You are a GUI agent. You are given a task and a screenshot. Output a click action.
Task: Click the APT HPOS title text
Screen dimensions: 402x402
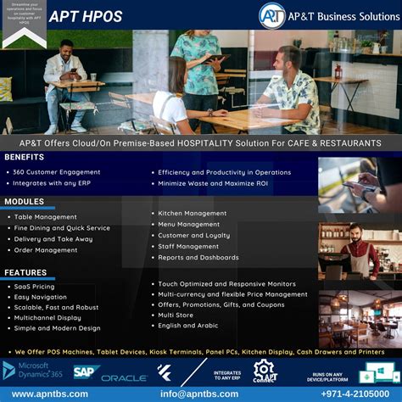(x=85, y=17)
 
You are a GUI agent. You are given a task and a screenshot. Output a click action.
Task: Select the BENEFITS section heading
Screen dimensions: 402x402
(x=24, y=157)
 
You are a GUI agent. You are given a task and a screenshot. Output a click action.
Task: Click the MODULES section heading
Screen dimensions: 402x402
(x=24, y=202)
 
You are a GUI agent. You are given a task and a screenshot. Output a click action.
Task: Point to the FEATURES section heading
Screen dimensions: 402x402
(x=25, y=272)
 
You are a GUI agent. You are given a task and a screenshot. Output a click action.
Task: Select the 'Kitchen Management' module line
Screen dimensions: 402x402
(x=193, y=214)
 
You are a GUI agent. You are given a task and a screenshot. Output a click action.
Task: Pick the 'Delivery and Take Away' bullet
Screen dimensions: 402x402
(x=53, y=239)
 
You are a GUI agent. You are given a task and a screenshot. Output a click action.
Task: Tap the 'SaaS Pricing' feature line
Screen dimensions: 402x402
(x=35, y=287)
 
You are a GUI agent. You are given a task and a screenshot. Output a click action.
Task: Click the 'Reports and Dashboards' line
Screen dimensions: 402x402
(x=198, y=257)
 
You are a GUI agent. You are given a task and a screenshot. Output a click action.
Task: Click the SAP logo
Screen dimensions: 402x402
(x=87, y=371)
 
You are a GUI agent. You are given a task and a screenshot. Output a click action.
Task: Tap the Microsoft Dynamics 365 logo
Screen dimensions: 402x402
(x=34, y=371)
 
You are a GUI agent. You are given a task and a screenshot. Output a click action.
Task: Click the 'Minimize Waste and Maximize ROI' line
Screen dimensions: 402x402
(x=213, y=183)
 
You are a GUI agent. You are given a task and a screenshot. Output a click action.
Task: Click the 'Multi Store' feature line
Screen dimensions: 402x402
(x=176, y=315)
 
